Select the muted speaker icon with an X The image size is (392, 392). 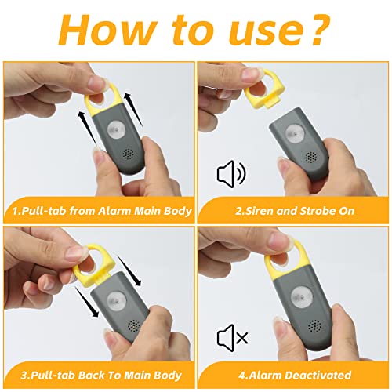pyautogui.click(x=232, y=337)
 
